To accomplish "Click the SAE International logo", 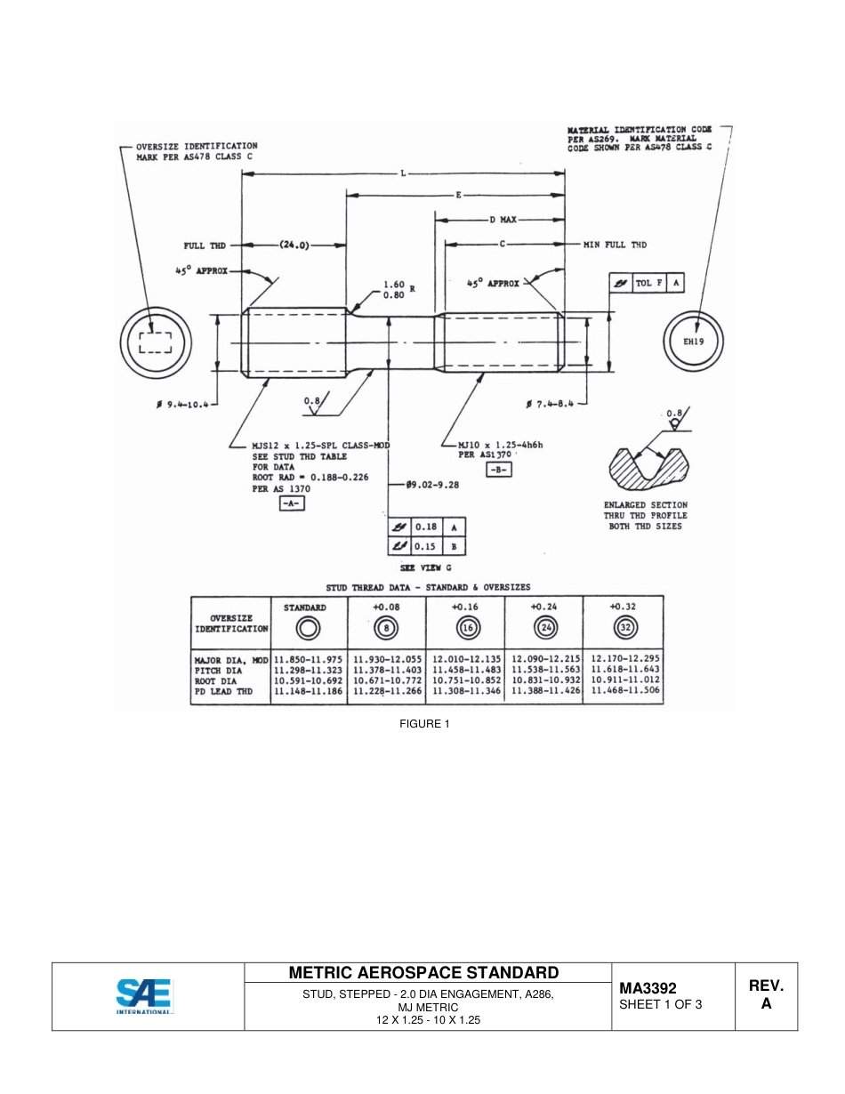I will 144,996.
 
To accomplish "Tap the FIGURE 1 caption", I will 424,723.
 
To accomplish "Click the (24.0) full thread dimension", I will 294,245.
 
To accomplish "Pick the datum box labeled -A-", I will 292,503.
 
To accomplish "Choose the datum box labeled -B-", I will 498,470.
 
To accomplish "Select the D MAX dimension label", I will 503,218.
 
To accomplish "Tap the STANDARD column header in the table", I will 305,607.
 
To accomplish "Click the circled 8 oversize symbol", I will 387,628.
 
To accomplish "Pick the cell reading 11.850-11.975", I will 308,659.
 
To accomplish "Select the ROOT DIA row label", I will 218,680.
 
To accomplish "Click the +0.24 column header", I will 544,607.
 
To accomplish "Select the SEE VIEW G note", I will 425,567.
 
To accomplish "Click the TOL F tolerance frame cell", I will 648,283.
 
